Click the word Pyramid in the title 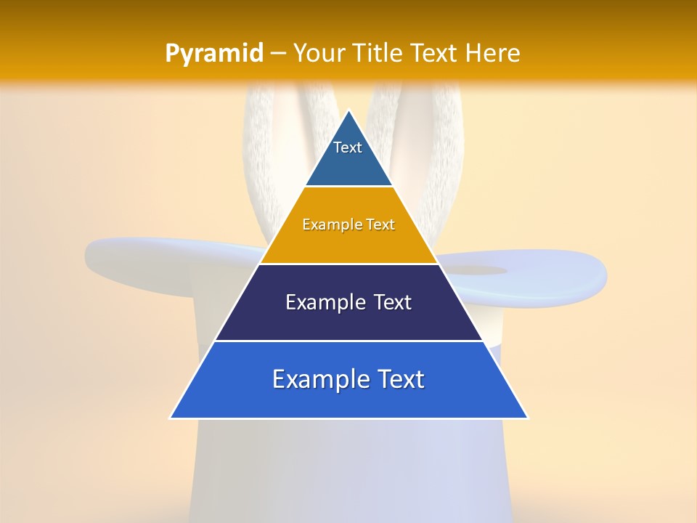(213, 54)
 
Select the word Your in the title (320, 53)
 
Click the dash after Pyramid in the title (277, 54)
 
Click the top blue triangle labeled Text (348, 156)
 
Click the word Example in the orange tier (325, 224)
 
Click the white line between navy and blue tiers (348, 341)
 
